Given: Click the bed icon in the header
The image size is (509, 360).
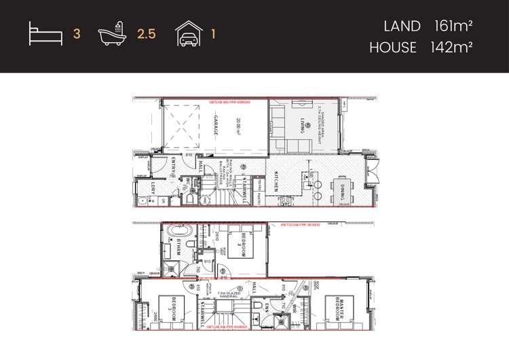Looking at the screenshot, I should (45, 33).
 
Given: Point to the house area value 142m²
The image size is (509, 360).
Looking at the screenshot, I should (451, 48).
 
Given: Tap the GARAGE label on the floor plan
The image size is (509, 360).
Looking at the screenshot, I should (216, 126).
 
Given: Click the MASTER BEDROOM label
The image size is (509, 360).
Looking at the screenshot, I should (337, 309).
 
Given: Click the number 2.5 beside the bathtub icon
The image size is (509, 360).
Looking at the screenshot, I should (147, 33).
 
